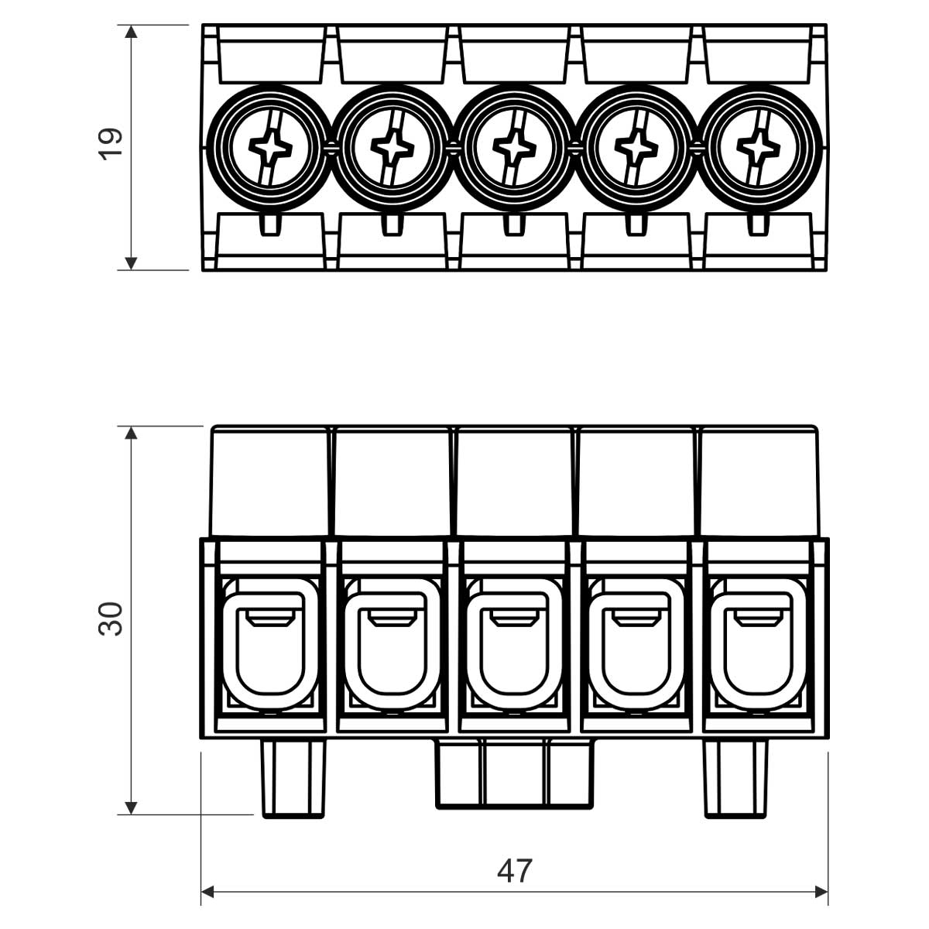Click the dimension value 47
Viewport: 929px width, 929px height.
click(515, 871)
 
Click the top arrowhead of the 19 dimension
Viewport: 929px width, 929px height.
click(132, 32)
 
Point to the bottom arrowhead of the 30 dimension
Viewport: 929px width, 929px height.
click(132, 807)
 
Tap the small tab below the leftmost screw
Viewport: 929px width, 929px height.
click(269, 224)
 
